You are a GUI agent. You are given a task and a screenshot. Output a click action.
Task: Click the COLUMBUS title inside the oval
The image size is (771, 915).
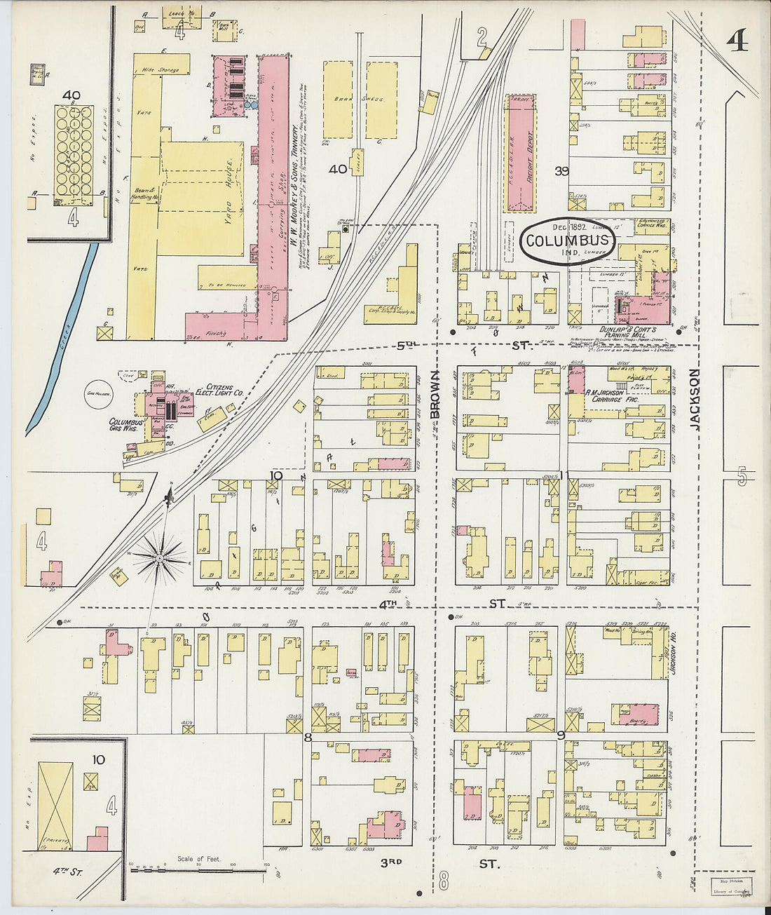(x=568, y=241)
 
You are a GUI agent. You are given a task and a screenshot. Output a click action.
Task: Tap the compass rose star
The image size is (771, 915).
(x=159, y=557)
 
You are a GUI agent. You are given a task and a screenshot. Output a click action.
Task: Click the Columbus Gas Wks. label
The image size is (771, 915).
(x=125, y=426)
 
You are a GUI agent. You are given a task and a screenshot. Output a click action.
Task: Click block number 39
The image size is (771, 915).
(x=560, y=171)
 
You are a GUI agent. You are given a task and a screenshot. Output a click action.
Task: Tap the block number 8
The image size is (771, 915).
(x=307, y=737)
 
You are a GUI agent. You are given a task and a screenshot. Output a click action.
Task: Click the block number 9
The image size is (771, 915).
(x=561, y=735)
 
